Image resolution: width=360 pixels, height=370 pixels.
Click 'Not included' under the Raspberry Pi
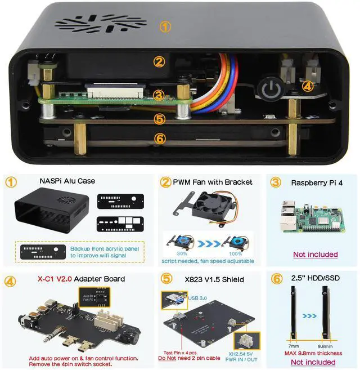pyautogui.click(x=315, y=255)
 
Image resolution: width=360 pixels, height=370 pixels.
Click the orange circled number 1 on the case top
pyautogui.click(x=164, y=26)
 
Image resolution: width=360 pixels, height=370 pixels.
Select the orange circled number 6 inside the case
pyautogui.click(x=160, y=138)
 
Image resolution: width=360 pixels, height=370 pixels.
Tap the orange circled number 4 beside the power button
pyautogui.click(x=306, y=86)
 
